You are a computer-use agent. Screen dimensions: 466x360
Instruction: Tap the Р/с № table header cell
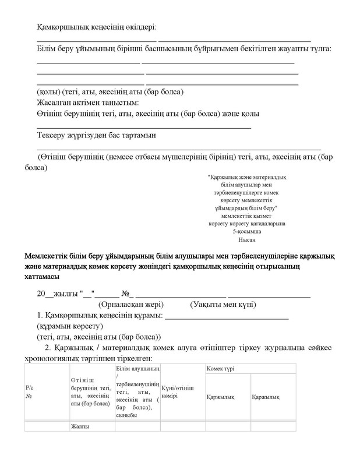[x=29, y=391]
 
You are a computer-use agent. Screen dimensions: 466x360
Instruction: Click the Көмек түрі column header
[x=219, y=369]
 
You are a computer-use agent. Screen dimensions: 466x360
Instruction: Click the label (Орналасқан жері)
[x=131, y=304]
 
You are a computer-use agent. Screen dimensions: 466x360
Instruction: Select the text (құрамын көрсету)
[x=69, y=326]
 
